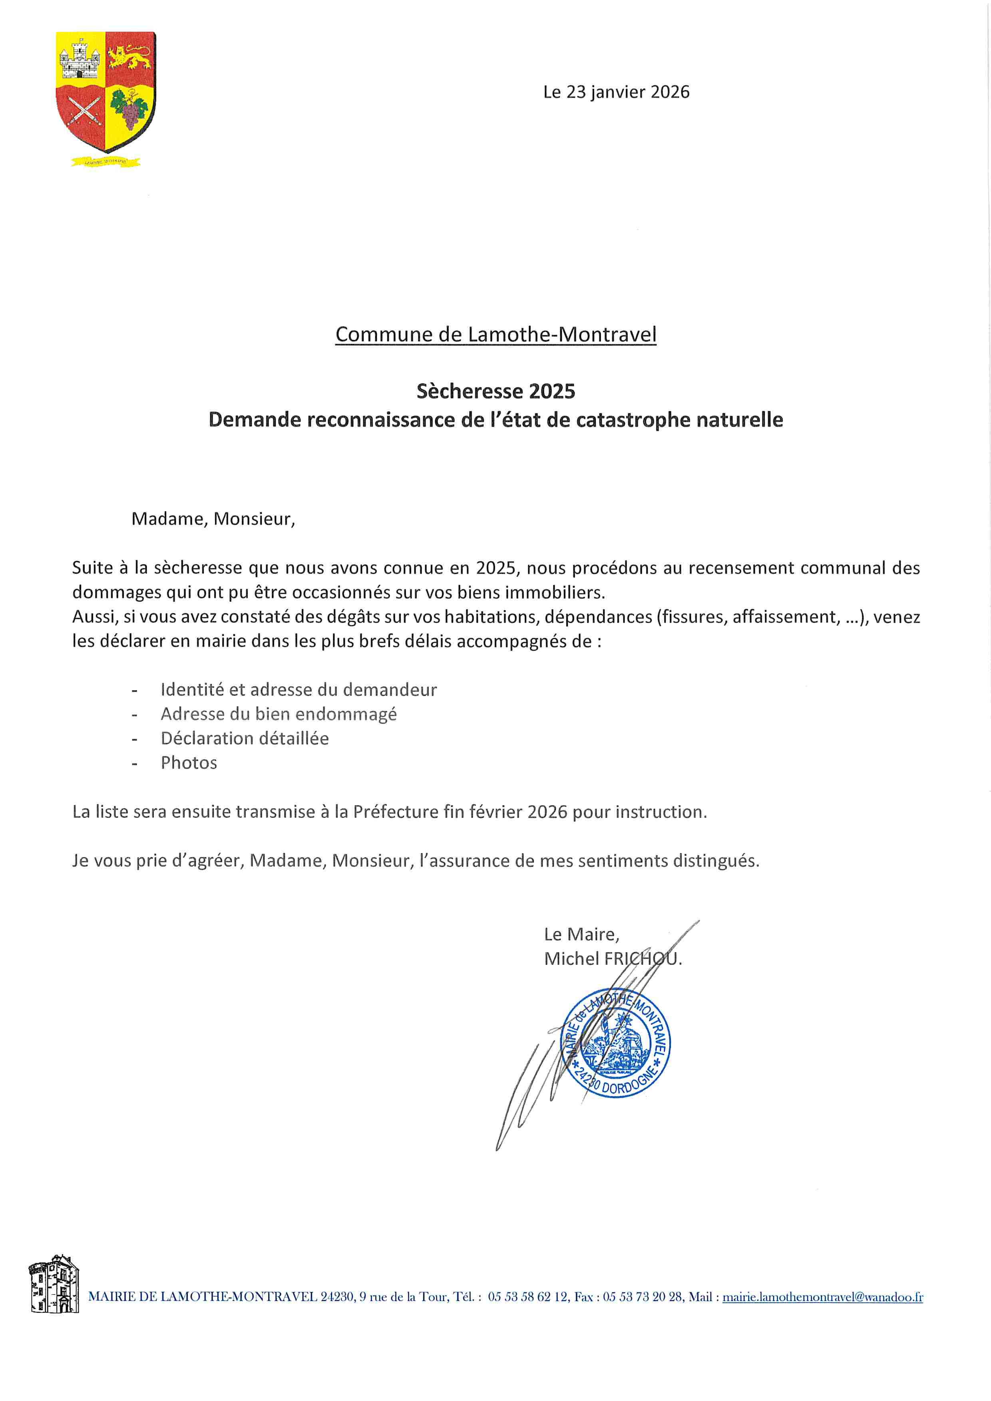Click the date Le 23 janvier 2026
pos(616,92)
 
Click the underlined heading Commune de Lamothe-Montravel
pos(496,334)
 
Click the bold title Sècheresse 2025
pos(496,391)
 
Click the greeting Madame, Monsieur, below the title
pos(213,519)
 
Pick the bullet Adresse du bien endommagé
pos(279,714)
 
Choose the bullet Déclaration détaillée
pos(244,738)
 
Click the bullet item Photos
pos(189,763)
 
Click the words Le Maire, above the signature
pos(581,934)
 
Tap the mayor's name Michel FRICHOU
pos(613,958)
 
